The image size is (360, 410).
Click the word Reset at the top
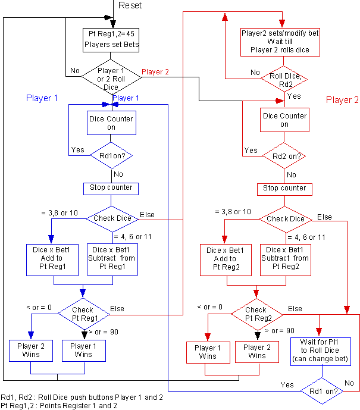tap(130, 5)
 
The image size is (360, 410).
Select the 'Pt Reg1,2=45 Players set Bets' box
tap(111, 39)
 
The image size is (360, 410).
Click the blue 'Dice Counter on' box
tap(111, 123)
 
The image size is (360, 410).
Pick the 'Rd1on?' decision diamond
tap(111, 156)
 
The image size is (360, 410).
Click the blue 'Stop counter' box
tap(111, 189)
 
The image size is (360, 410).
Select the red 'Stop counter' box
tap(284, 189)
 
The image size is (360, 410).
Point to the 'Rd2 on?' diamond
tap(284, 157)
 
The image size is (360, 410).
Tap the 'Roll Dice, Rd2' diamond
tap(284, 80)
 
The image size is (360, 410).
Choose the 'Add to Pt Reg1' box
tap(54, 259)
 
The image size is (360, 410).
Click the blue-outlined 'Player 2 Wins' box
tap(31, 350)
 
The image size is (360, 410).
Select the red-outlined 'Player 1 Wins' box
tap(208, 352)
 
